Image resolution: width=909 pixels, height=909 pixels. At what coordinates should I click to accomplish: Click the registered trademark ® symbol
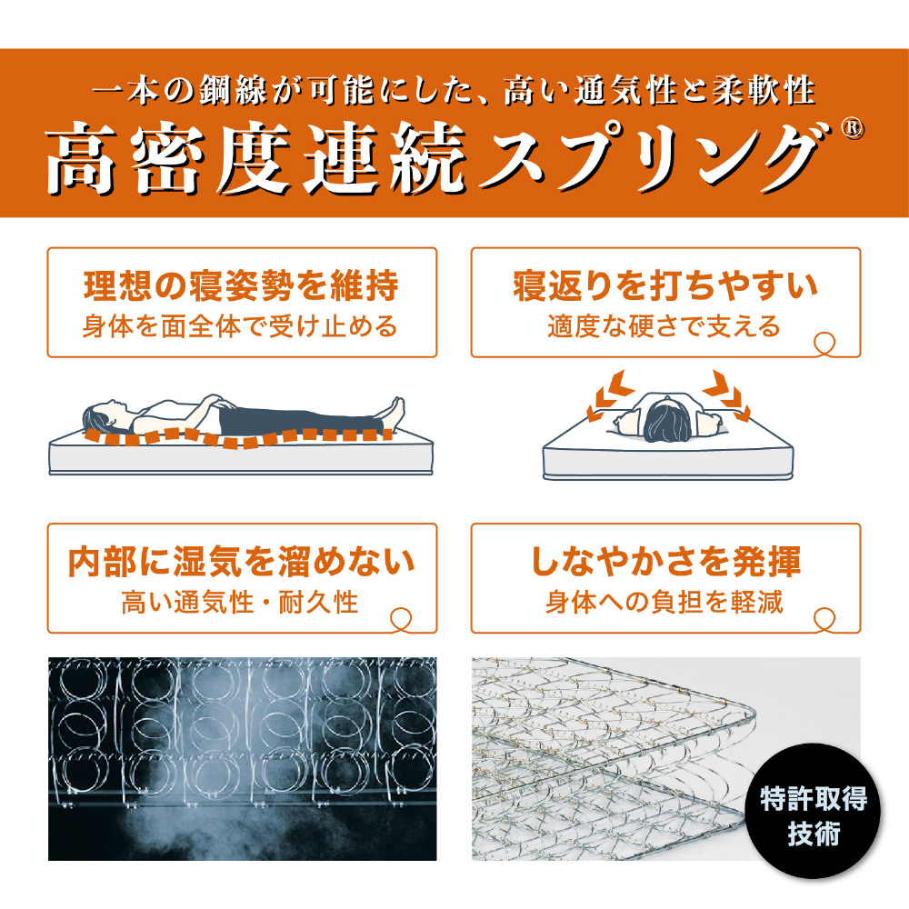[x=853, y=128]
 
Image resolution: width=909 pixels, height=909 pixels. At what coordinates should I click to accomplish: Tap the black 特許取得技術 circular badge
[x=813, y=811]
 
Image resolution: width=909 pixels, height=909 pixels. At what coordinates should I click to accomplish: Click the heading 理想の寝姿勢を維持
[x=241, y=285]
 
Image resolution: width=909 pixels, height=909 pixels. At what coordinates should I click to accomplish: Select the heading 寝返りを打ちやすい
[x=665, y=285]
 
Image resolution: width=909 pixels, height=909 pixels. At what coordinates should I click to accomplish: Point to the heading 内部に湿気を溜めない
[x=241, y=562]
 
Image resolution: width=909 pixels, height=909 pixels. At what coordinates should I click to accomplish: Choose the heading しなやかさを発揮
[x=665, y=562]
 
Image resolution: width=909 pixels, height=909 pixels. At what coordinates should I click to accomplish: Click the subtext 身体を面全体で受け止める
[x=240, y=326]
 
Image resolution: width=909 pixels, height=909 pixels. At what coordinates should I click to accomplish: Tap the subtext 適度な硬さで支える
[x=664, y=326]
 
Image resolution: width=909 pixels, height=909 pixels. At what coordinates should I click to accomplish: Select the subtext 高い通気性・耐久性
[x=240, y=603]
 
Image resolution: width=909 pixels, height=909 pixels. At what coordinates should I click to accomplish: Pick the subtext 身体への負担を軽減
[x=664, y=603]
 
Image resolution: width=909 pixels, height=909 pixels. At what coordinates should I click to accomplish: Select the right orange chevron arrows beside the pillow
[x=727, y=395]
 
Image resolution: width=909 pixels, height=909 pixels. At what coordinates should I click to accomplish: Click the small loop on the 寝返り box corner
[x=824, y=344]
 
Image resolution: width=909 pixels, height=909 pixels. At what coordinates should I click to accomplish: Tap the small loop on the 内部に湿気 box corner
[x=401, y=619]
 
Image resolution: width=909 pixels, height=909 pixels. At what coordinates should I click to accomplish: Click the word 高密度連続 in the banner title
[x=255, y=157]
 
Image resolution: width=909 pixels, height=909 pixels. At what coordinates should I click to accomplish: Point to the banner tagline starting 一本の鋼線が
[x=454, y=91]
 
